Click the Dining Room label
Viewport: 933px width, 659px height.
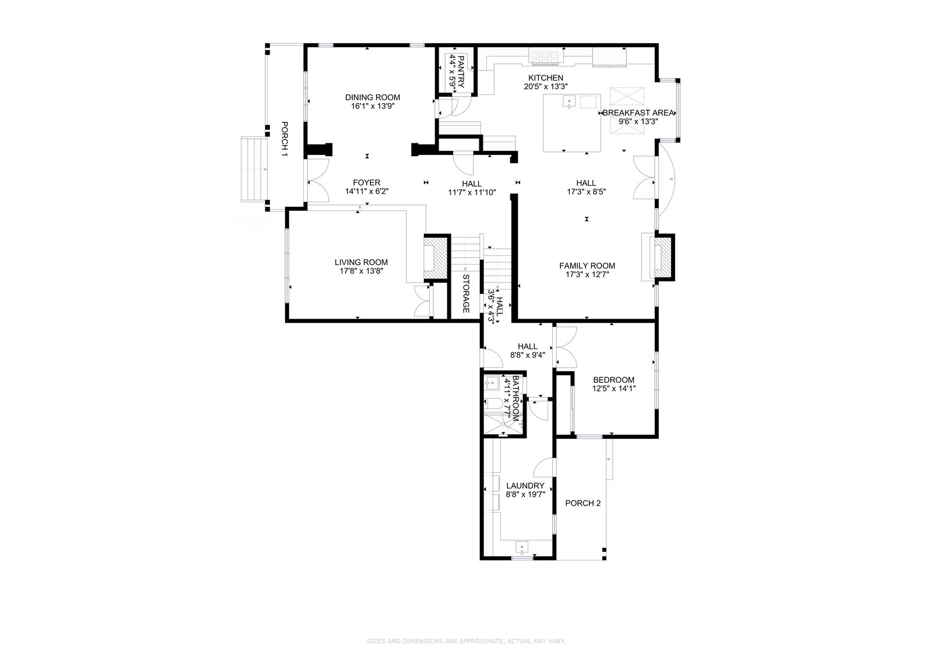(373, 97)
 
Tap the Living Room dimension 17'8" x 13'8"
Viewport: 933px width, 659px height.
(361, 271)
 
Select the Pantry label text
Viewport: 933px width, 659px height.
(461, 72)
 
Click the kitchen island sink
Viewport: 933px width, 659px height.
(569, 101)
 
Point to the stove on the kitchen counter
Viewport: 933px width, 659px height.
(546, 57)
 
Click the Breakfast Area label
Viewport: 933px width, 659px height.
(638, 113)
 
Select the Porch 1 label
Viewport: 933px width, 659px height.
(285, 139)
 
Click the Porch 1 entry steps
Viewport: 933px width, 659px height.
(254, 170)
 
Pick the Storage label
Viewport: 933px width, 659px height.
(466, 294)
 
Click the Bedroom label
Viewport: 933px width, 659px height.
(613, 380)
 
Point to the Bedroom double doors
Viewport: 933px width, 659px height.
(566, 347)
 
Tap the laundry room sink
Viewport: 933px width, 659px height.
(522, 547)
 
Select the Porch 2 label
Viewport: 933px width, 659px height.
(583, 503)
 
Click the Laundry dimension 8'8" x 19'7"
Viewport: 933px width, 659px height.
(525, 495)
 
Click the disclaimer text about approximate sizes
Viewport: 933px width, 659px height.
(466, 641)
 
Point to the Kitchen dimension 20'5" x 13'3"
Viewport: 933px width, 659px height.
(546, 87)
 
